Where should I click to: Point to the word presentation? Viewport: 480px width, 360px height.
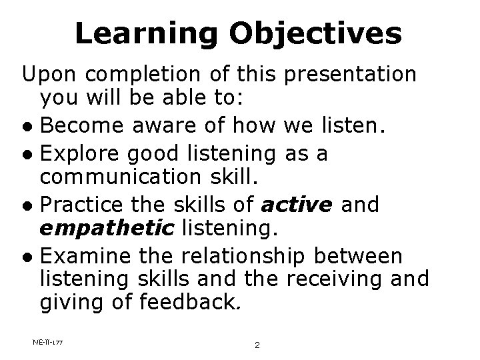click(x=351, y=74)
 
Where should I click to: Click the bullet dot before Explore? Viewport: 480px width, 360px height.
click(x=27, y=155)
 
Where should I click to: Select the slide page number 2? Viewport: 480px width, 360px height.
click(x=256, y=345)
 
